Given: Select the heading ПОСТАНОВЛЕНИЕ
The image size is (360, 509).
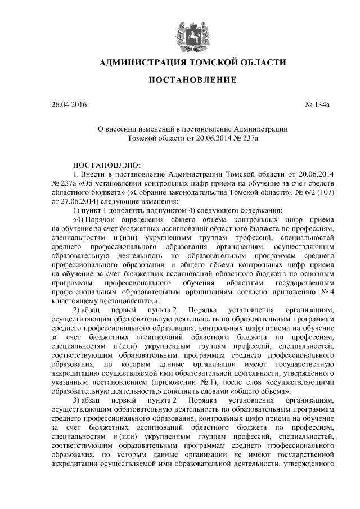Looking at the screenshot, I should point(192,81).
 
